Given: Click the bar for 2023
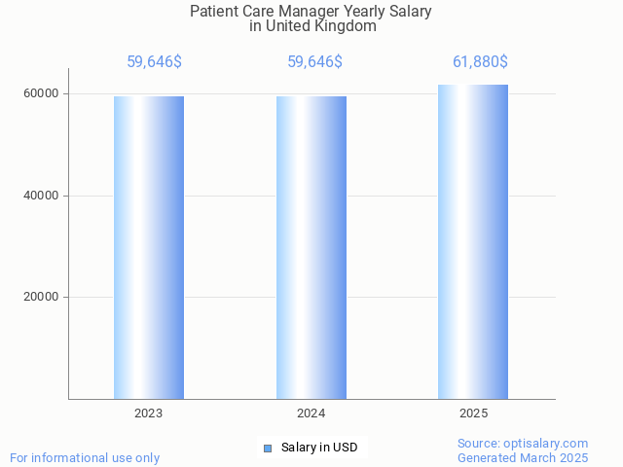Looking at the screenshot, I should [149, 247].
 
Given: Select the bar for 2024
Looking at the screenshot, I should [311, 247].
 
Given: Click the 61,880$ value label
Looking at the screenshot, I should [480, 62].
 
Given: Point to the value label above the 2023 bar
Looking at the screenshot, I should [154, 62].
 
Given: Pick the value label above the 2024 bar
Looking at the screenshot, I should [314, 62].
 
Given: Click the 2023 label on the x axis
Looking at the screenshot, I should [149, 413].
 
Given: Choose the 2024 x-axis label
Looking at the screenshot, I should [311, 413].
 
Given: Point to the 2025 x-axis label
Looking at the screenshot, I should [473, 413].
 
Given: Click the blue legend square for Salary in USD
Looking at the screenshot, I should [268, 448].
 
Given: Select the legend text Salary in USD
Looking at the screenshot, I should [319, 448].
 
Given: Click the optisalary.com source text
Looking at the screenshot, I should [523, 444].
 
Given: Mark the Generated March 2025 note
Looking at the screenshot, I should [523, 457].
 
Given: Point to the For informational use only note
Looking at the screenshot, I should [85, 457].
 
